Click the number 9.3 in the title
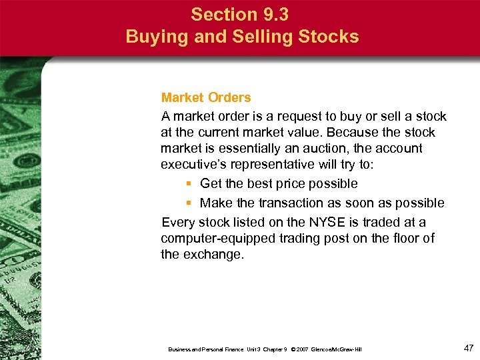pos(275,14)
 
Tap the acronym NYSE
pos(321,222)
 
